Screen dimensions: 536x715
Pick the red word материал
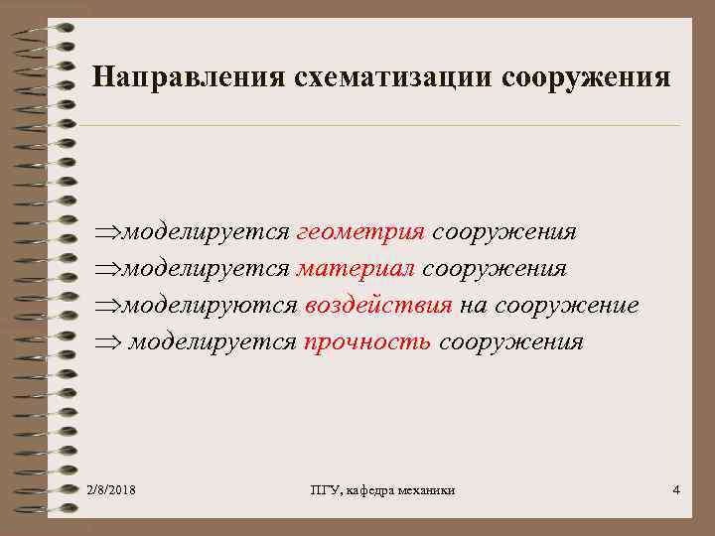click(357, 269)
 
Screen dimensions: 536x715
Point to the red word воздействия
click(378, 306)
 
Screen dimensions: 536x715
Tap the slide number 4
click(676, 490)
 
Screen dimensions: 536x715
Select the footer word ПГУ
click(323, 490)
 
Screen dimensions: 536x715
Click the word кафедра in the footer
click(373, 490)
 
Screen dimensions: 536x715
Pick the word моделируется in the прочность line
click(212, 342)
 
